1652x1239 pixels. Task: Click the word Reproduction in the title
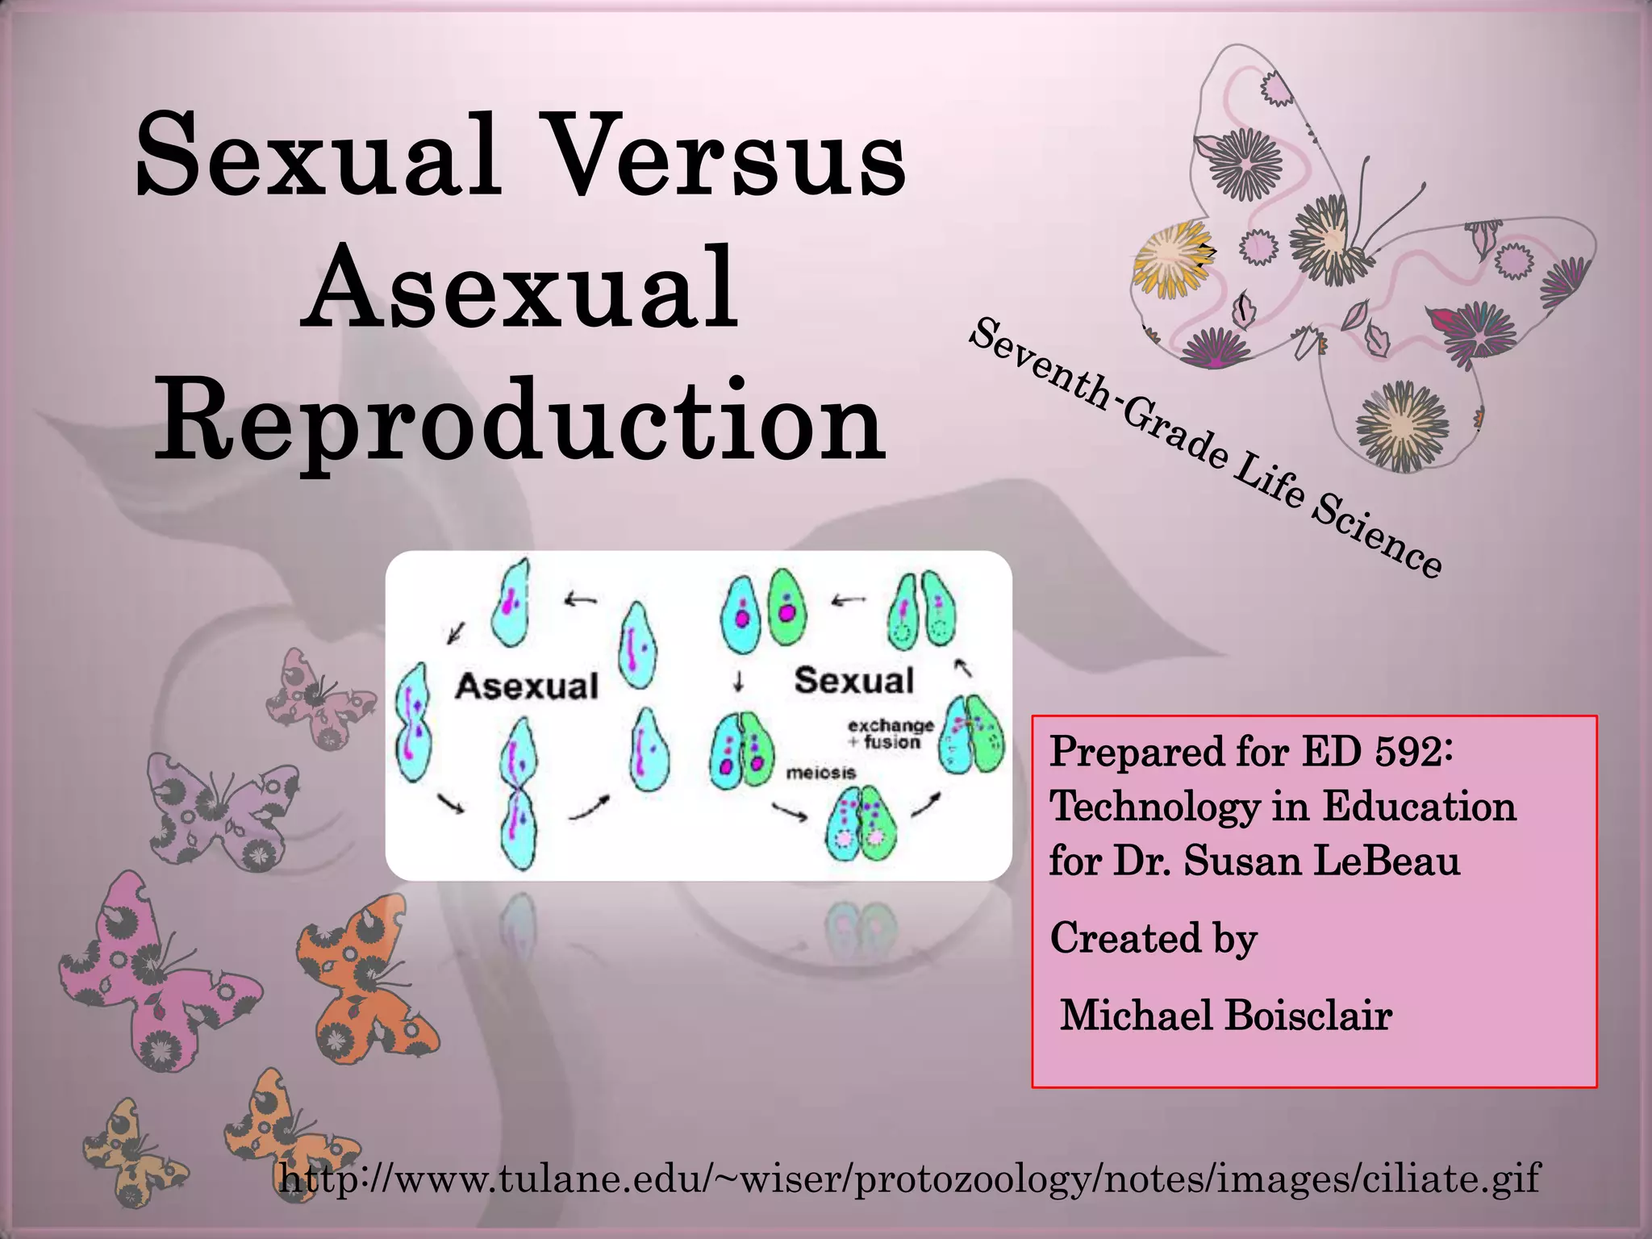coord(520,421)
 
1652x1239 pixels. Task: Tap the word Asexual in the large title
coord(520,288)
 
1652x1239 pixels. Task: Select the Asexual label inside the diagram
coord(527,686)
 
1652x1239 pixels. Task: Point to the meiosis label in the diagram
coord(820,773)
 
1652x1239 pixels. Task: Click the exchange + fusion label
coord(891,733)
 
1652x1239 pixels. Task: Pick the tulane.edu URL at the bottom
coord(909,1179)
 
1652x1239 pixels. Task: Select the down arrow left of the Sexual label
coord(738,682)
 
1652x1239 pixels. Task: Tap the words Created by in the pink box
coord(1153,938)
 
